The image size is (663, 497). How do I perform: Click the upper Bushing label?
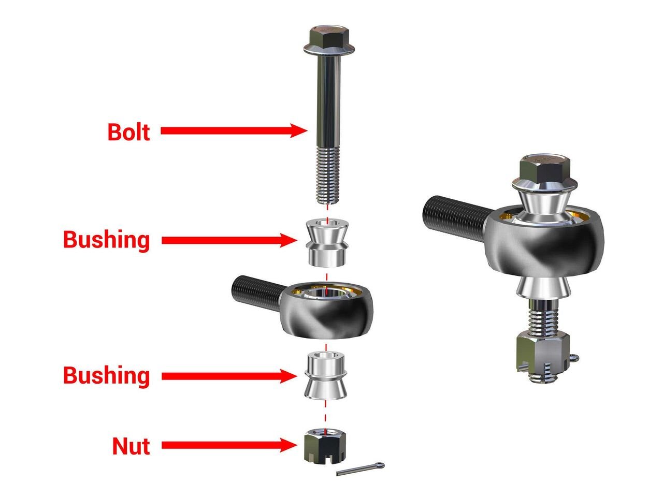[106, 240]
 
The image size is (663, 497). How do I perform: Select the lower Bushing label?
[106, 375]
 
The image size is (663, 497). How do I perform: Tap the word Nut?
[131, 446]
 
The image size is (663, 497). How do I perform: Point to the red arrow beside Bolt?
[233, 130]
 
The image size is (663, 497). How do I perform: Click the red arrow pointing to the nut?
[228, 445]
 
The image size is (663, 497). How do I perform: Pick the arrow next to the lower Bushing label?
[228, 376]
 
